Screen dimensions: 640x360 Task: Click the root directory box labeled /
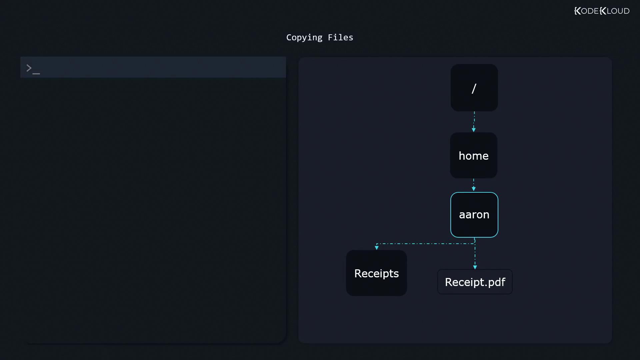coord(474,88)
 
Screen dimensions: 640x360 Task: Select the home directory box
coord(474,155)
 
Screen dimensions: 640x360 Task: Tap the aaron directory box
coord(474,215)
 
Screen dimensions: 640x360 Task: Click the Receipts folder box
coord(376,273)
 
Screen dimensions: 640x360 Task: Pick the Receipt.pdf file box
coord(475,282)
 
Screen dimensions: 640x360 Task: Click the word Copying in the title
coord(304,38)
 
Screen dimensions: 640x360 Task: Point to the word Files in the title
coord(340,37)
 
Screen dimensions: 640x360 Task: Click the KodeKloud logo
coord(602,11)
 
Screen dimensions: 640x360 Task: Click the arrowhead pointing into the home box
coord(474,130)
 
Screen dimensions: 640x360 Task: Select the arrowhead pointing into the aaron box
coord(474,189)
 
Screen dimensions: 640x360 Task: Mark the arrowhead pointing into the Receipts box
coord(377,248)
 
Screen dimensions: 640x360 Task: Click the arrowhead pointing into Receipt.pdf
coord(475,267)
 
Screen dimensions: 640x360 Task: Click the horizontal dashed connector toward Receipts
coord(426,244)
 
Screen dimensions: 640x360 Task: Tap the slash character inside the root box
coord(474,88)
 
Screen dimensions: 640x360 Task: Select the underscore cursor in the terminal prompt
coord(36,73)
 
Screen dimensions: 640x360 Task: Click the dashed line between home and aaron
coord(474,183)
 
